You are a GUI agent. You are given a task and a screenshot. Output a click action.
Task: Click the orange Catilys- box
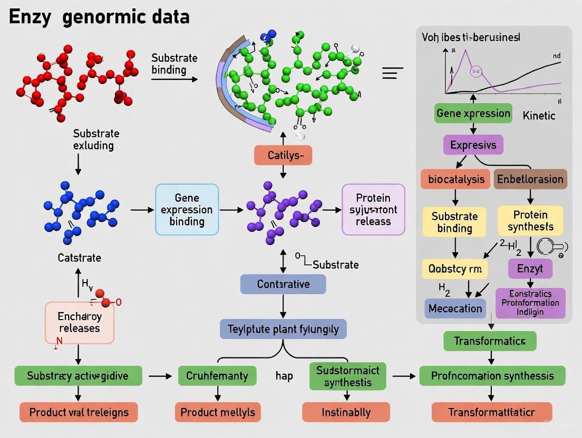click(x=283, y=155)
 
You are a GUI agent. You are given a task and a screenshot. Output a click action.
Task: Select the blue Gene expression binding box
click(x=187, y=209)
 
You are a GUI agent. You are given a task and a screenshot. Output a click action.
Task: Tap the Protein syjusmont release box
click(x=373, y=209)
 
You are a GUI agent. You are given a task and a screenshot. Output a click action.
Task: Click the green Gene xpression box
click(x=473, y=113)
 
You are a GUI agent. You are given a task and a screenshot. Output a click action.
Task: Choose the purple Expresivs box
click(x=473, y=144)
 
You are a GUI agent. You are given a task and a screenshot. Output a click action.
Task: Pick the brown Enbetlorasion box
click(x=530, y=179)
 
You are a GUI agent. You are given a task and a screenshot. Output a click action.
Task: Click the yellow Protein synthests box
click(x=530, y=221)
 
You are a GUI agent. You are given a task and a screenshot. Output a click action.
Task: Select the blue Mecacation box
click(x=455, y=308)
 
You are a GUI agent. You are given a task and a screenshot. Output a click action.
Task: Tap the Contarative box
click(x=283, y=284)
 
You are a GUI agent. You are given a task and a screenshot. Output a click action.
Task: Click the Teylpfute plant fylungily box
click(x=283, y=330)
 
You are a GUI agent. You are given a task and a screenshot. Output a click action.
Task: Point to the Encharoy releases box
click(x=79, y=322)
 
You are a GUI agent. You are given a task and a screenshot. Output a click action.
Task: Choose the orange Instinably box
click(x=346, y=412)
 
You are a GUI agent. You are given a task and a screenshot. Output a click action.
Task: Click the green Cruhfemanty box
click(x=217, y=376)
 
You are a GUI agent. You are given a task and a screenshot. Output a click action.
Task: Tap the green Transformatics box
click(x=490, y=341)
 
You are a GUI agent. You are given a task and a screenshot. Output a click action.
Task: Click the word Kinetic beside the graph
click(x=539, y=115)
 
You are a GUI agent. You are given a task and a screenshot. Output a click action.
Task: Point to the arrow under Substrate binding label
click(x=174, y=79)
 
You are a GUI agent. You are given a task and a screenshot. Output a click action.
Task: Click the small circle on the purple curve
click(x=476, y=71)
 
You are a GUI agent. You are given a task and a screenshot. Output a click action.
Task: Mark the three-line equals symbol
click(x=392, y=73)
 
